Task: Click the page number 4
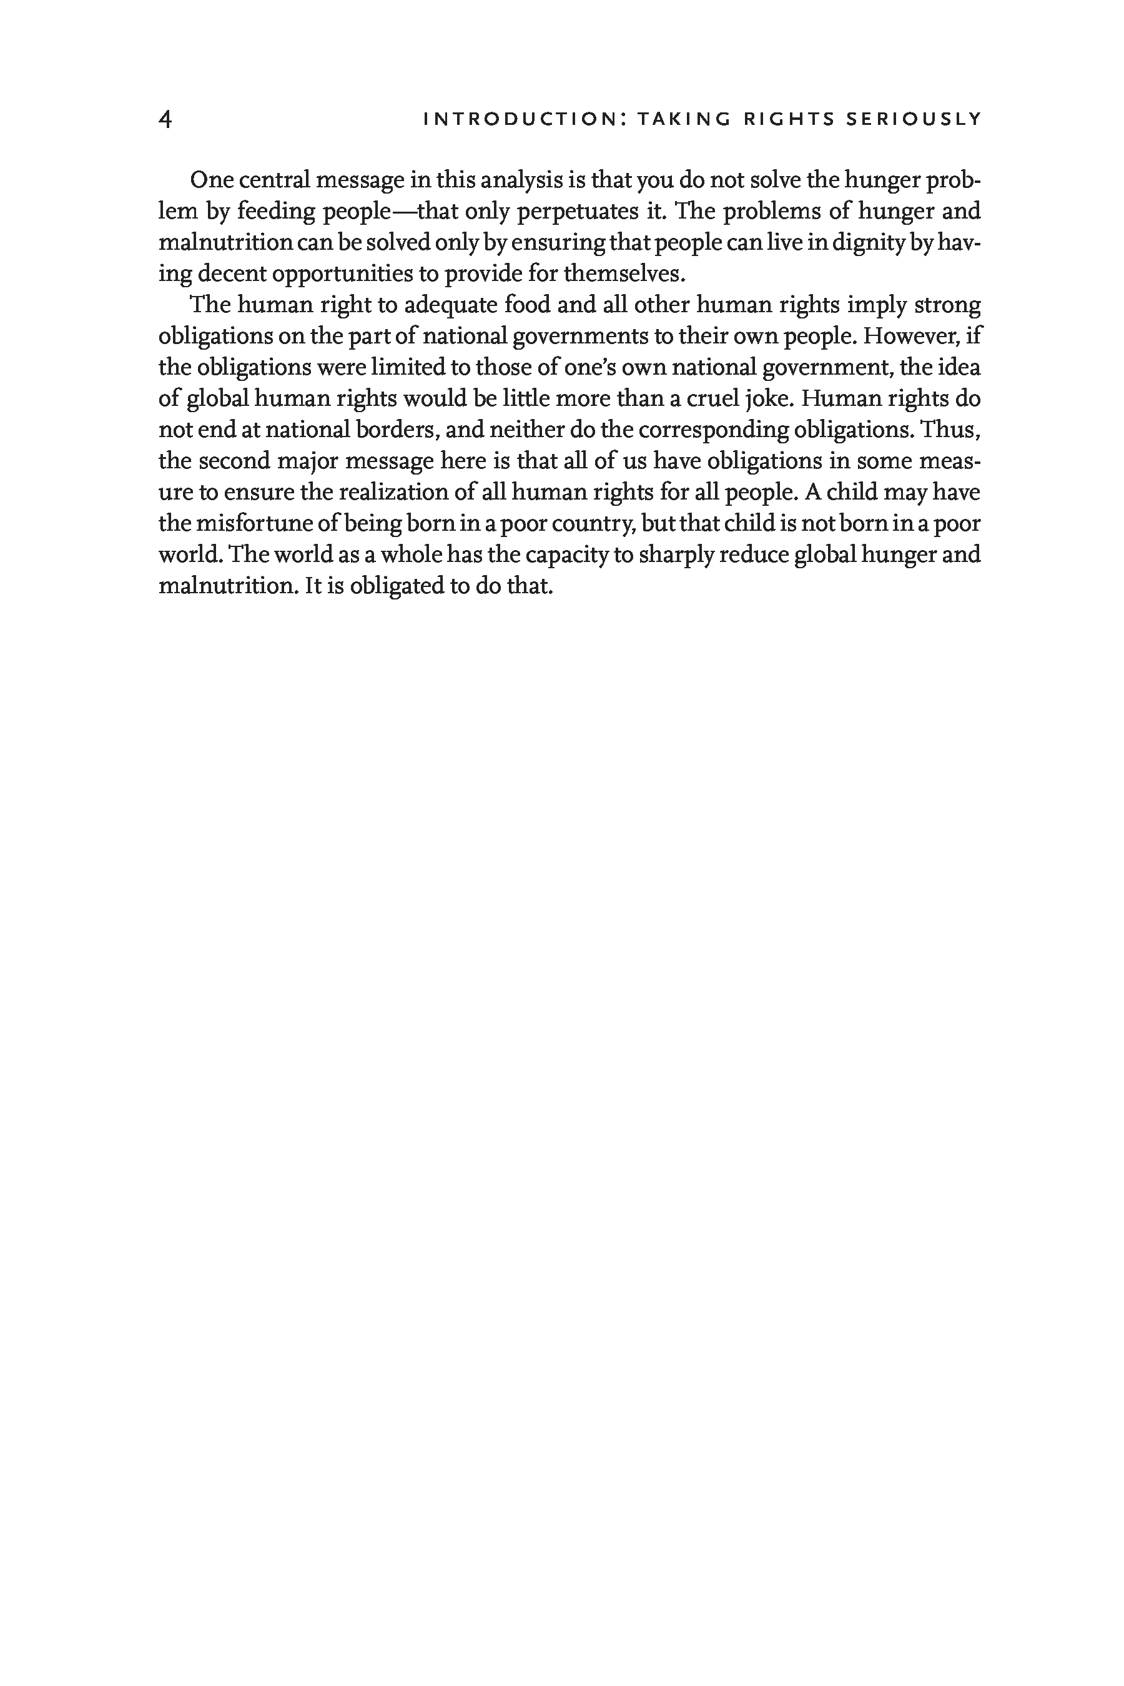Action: (165, 119)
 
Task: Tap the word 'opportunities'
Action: (343, 275)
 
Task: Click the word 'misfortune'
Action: (256, 524)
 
